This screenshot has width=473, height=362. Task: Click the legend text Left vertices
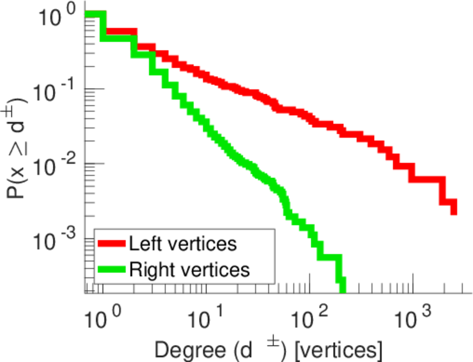[182, 244]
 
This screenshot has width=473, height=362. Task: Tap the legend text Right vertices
[189, 269]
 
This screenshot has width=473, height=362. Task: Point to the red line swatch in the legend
[112, 244]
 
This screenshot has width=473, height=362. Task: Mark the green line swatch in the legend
[112, 269]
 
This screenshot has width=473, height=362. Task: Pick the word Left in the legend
[143, 244]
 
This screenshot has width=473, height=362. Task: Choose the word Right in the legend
[149, 269]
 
